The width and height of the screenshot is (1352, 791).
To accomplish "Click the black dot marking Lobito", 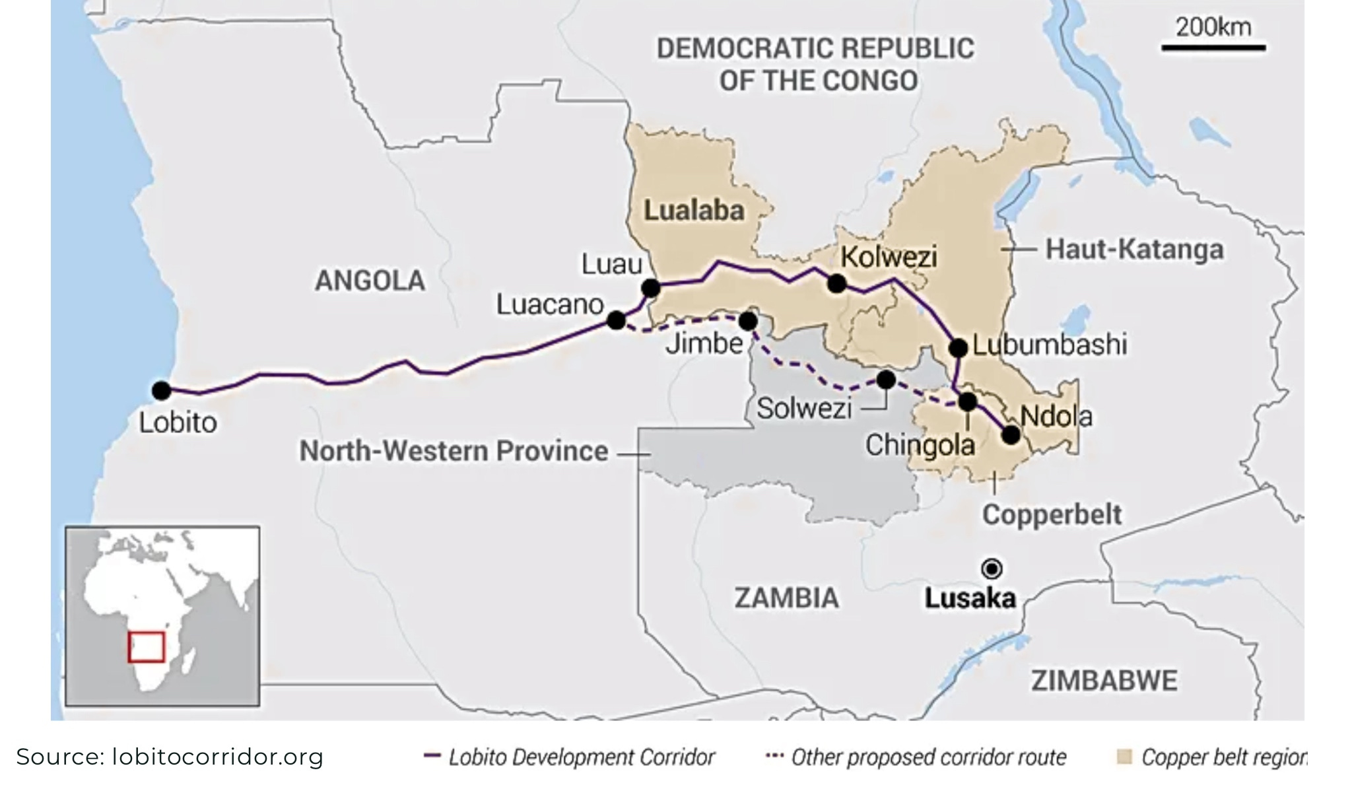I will [x=161, y=391].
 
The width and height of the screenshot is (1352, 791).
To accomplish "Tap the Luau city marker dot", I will [x=650, y=288].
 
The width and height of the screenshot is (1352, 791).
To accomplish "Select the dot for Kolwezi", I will [x=836, y=284].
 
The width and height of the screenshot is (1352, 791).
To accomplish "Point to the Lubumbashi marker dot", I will [x=958, y=347].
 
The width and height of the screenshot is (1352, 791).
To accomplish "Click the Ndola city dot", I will [x=1011, y=434].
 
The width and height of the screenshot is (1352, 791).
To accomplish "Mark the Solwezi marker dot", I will [x=886, y=380].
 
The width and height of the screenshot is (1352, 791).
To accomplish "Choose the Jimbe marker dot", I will [x=748, y=322].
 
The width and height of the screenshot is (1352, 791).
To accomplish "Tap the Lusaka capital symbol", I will [x=992, y=568].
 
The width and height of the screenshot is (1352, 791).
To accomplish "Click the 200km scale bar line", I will [x=1213, y=48].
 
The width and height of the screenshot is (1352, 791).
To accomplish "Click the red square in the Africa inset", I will [x=146, y=647].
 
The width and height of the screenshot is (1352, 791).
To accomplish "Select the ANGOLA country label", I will [x=370, y=281].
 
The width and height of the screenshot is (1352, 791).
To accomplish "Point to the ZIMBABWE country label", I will [x=1104, y=681].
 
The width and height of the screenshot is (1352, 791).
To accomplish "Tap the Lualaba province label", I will [x=694, y=211].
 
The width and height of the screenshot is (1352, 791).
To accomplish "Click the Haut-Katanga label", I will [x=1134, y=250].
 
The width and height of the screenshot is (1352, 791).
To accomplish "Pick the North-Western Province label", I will [x=454, y=452].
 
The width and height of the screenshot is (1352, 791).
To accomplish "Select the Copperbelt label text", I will [x=1051, y=514].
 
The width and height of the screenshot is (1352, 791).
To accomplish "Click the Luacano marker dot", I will [x=616, y=320].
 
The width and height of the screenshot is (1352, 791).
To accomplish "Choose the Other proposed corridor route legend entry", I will [x=918, y=757].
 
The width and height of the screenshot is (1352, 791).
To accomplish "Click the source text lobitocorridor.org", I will [x=218, y=757].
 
